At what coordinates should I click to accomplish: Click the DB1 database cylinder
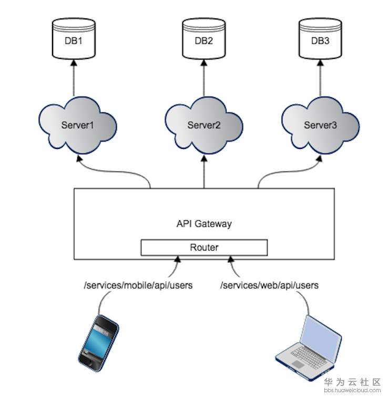[74, 38]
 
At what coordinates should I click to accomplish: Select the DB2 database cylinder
[204, 38]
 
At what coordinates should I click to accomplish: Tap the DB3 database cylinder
[320, 38]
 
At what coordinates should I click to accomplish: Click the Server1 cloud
[77, 125]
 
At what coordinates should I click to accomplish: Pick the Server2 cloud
[204, 125]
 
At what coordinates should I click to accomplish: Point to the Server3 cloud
[320, 125]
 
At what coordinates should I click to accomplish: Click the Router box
[204, 247]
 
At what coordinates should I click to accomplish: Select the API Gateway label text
[204, 223]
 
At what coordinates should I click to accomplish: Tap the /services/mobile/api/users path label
[138, 285]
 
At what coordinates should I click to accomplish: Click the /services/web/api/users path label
[269, 285]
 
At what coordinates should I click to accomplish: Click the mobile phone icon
[98, 343]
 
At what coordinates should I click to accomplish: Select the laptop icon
[308, 348]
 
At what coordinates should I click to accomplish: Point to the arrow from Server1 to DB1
[74, 78]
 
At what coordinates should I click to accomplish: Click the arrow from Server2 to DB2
[204, 78]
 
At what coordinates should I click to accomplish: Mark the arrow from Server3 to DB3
[320, 78]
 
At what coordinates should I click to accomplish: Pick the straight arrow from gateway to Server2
[204, 172]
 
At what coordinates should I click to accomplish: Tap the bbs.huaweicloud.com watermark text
[352, 391]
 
